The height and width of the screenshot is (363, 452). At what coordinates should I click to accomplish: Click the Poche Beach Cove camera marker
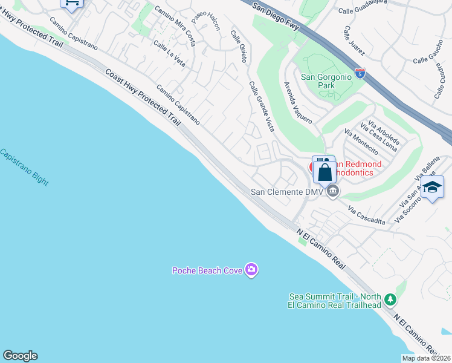(x=251, y=270)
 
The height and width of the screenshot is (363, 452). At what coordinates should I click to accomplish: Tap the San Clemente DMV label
(x=288, y=192)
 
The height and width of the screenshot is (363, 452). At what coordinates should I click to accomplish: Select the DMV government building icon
(x=332, y=192)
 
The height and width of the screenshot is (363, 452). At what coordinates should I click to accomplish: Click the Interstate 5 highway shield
(x=360, y=74)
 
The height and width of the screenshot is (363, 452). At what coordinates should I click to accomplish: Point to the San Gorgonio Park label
(x=326, y=81)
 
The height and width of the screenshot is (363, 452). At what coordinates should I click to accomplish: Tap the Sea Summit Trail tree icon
(x=390, y=299)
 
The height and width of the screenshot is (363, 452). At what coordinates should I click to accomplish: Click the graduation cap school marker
(x=433, y=188)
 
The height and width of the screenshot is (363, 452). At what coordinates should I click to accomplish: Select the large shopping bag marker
(x=324, y=172)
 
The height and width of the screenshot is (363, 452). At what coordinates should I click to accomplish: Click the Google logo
(x=20, y=356)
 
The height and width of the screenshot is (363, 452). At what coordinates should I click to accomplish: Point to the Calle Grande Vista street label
(x=262, y=106)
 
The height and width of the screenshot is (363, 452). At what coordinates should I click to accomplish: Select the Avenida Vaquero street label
(x=298, y=102)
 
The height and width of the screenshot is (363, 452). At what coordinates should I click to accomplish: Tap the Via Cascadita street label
(x=367, y=214)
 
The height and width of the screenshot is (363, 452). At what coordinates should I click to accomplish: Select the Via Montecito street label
(x=361, y=142)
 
